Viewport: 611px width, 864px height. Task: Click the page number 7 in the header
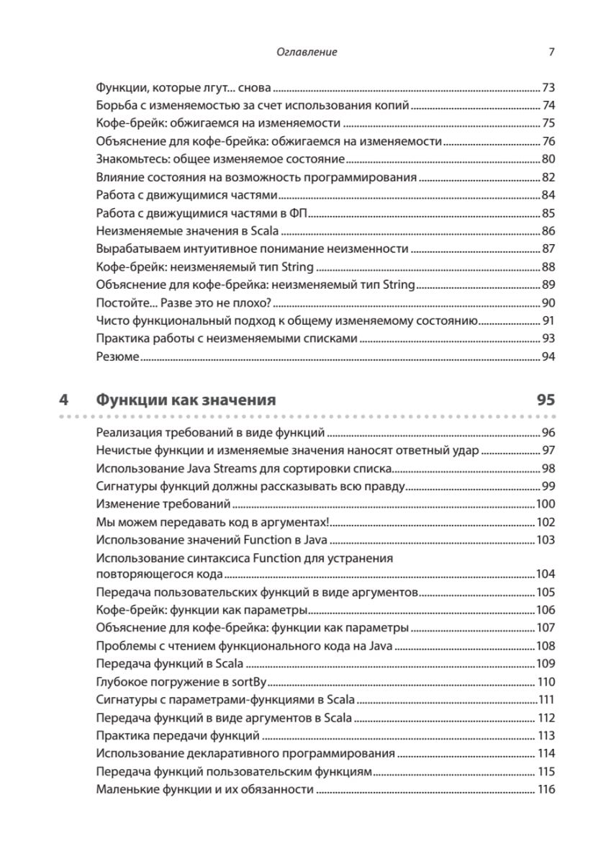[551, 52]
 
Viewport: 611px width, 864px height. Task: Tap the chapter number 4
[64, 399]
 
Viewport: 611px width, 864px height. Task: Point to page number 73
[548, 89]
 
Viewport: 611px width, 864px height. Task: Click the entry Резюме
[117, 356]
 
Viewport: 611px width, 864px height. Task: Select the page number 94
[548, 356]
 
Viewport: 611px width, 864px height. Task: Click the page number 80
[548, 160]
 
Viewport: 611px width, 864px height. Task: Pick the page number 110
[547, 682]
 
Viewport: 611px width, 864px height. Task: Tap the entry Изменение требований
[163, 504]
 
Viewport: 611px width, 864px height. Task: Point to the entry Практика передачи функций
[178, 735]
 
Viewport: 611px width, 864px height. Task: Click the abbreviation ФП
[299, 214]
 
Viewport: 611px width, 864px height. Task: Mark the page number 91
[548, 320]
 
